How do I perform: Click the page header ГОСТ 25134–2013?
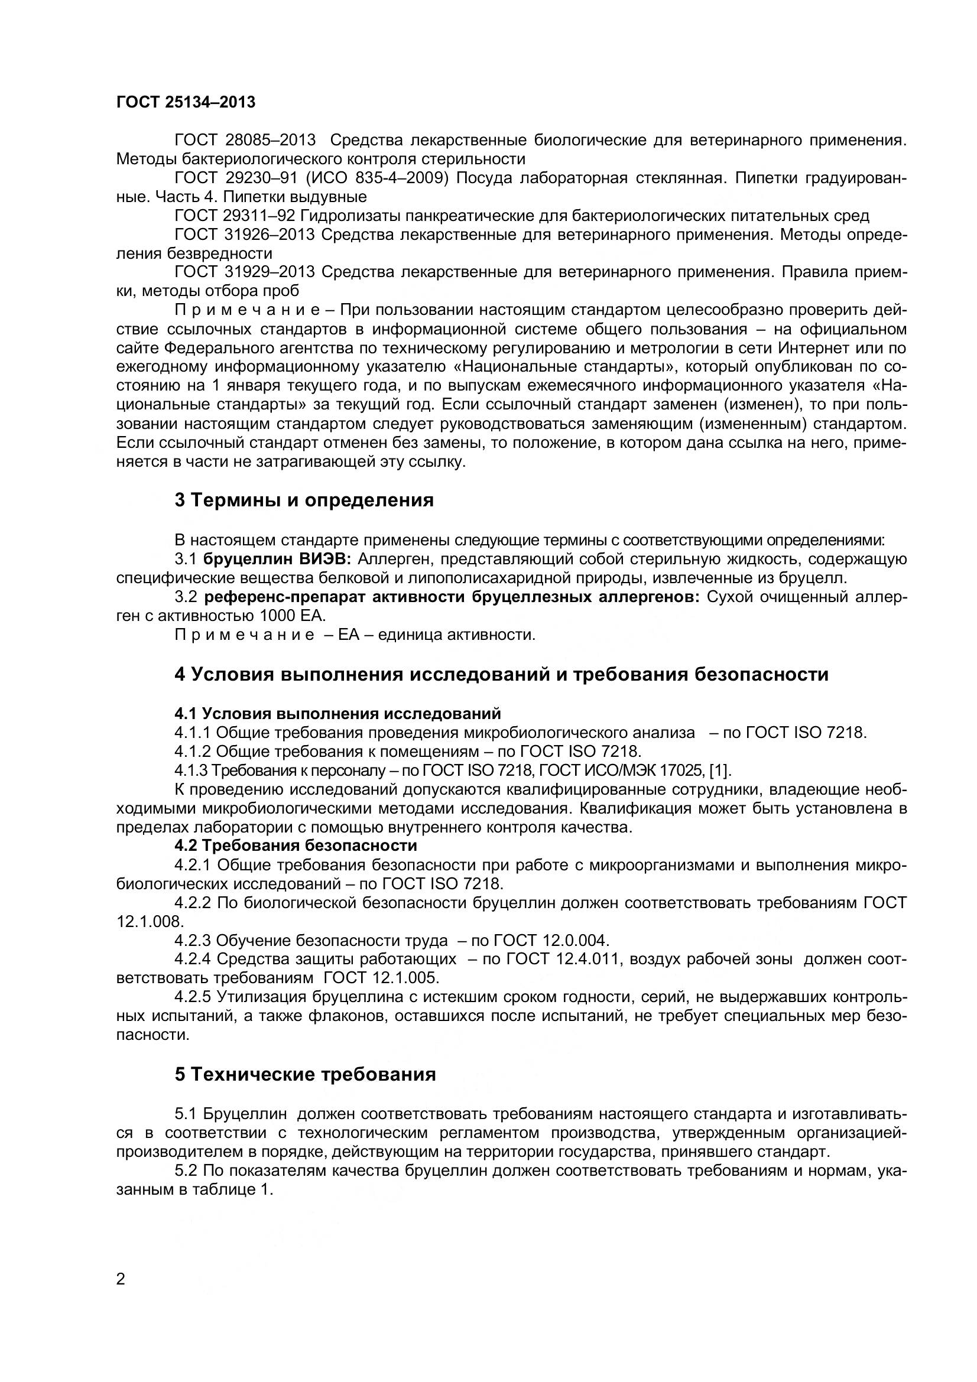click(x=186, y=102)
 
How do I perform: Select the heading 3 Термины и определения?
click(x=304, y=500)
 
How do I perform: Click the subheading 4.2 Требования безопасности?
click(x=296, y=846)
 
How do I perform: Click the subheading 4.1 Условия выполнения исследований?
click(x=337, y=713)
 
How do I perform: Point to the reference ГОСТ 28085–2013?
click(x=245, y=140)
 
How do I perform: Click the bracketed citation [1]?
click(x=720, y=770)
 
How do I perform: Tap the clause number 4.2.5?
click(x=193, y=997)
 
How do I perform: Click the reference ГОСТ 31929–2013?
click(x=245, y=272)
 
